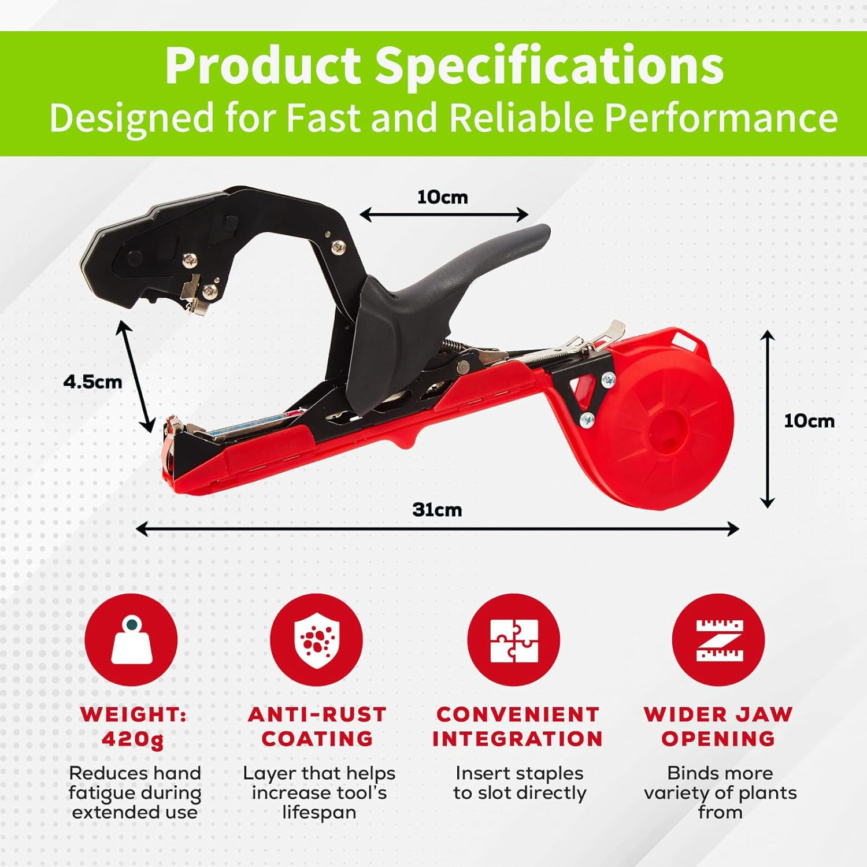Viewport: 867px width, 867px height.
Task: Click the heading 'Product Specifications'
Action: click(x=444, y=65)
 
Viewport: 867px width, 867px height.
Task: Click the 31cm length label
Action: click(x=437, y=510)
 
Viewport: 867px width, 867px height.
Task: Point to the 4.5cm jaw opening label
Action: click(x=92, y=382)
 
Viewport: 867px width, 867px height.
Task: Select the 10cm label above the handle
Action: click(x=442, y=197)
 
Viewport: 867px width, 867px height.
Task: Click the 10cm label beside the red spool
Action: click(x=809, y=421)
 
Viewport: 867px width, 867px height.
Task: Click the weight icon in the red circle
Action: click(x=131, y=640)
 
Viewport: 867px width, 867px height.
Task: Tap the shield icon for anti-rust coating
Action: click(x=316, y=640)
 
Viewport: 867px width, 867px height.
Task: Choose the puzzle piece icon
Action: click(x=514, y=640)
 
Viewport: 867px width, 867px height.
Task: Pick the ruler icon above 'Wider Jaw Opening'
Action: click(x=719, y=640)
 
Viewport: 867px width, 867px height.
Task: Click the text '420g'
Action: click(x=132, y=739)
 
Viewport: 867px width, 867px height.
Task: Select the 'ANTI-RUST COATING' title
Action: click(x=317, y=727)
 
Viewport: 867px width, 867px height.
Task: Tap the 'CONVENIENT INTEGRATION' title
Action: click(x=517, y=727)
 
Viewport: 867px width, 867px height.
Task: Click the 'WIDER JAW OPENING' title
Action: click(x=718, y=727)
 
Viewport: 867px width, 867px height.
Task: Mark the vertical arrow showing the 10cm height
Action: click(x=767, y=419)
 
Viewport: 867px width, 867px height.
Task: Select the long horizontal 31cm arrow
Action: click(x=437, y=528)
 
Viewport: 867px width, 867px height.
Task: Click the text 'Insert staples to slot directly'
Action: click(x=520, y=783)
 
